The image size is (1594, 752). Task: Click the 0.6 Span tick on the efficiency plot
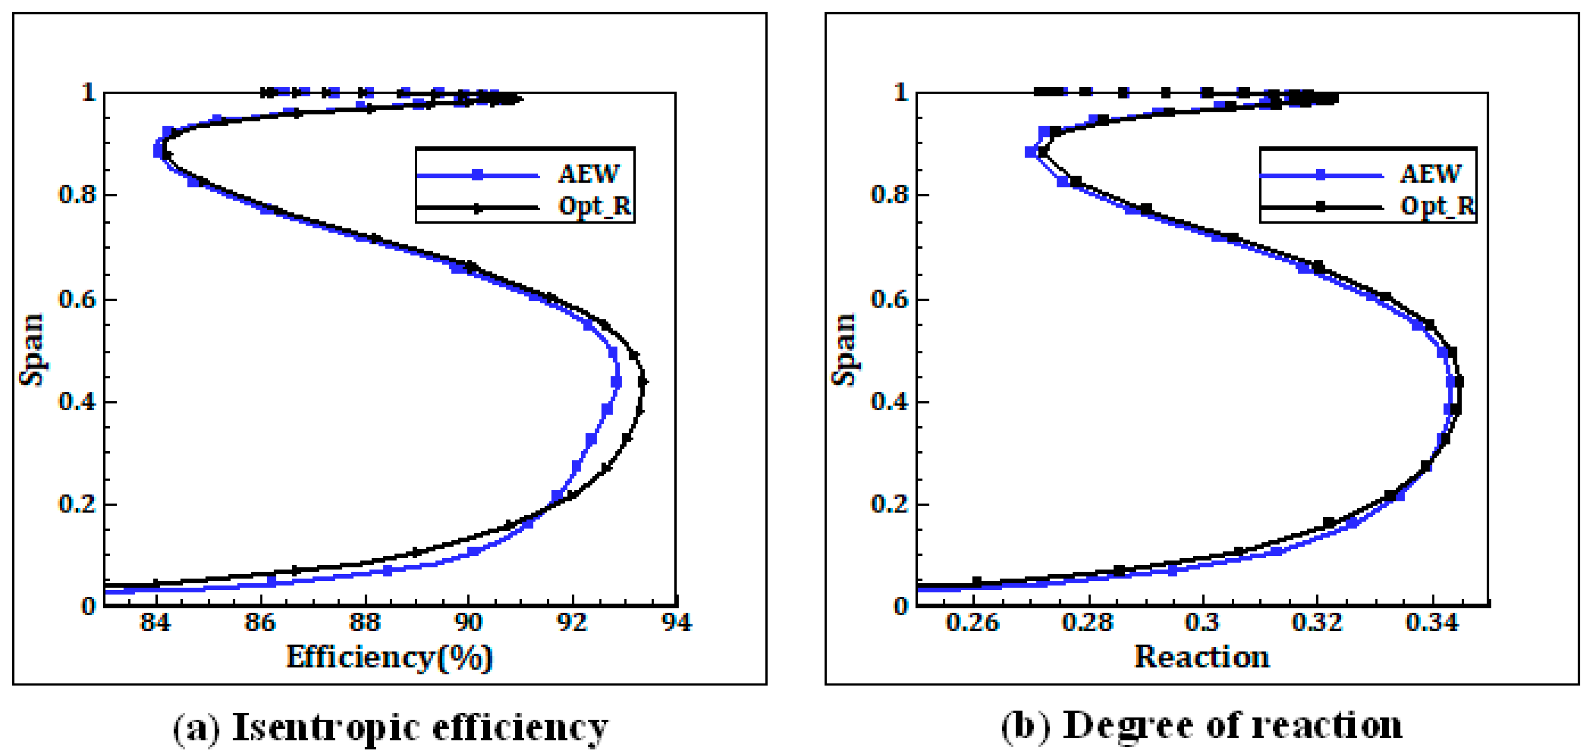(x=77, y=299)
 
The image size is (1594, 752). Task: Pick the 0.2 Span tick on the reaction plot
(x=889, y=504)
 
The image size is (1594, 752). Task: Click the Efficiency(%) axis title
(x=389, y=658)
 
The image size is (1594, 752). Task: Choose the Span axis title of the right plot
(x=844, y=349)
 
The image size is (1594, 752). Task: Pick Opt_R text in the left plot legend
(x=595, y=206)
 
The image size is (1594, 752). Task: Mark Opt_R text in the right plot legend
(x=1437, y=206)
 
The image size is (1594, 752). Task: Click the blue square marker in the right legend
(x=1321, y=175)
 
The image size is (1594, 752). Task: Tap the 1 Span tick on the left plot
(x=88, y=93)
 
